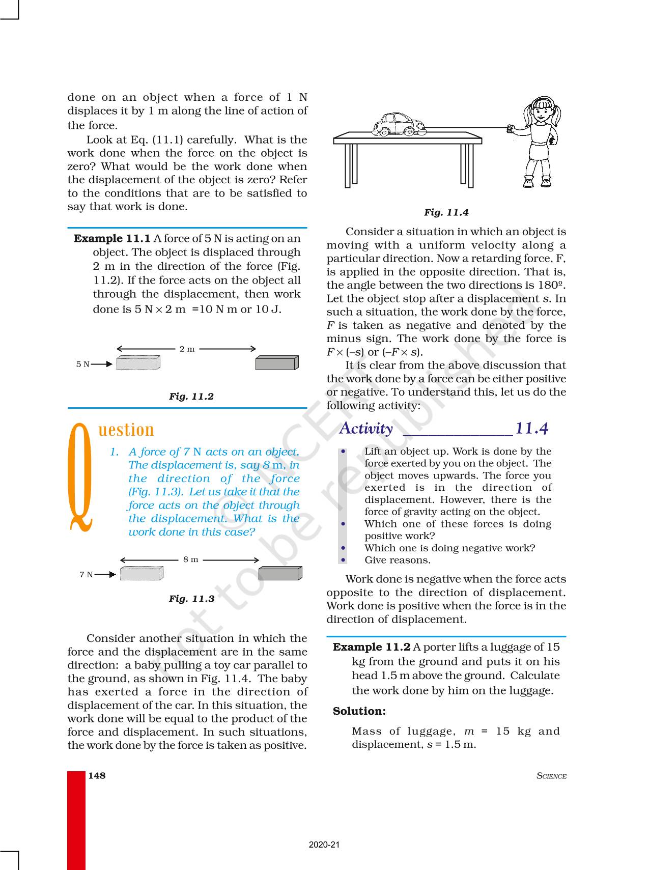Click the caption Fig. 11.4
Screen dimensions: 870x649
coord(446,212)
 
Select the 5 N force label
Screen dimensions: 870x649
coord(82,364)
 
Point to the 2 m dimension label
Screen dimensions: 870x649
coord(187,349)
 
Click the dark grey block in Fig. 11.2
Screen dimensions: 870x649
coord(276,362)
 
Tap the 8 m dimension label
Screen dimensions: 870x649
coord(190,559)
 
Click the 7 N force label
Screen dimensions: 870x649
coord(86,574)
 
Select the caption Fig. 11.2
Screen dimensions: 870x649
coord(191,396)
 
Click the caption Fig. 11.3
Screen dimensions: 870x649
coord(191,599)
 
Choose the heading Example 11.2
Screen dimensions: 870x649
coord(372,647)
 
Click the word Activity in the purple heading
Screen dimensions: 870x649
coord(366,428)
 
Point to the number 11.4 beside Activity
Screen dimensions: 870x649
coord(531,428)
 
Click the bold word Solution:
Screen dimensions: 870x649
coord(359,711)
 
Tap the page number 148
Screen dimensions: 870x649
coord(97,775)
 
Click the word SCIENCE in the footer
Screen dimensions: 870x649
coord(551,776)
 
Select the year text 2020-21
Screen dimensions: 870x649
coord(324,845)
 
